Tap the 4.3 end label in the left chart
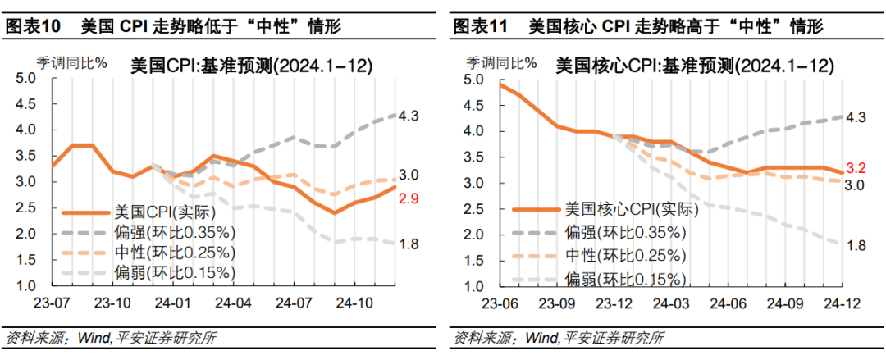pyautogui.click(x=409, y=116)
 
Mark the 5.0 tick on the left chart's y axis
pyautogui.click(x=26, y=78)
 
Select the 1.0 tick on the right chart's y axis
pyautogui.click(x=474, y=286)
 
